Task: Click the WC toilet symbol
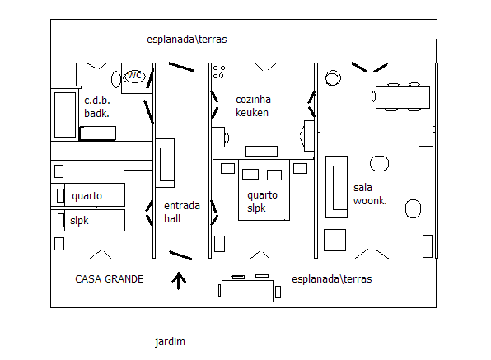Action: [134, 76]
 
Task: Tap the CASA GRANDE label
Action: [110, 279]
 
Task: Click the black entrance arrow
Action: [179, 280]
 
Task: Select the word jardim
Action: [170, 342]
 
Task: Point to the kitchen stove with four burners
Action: [219, 72]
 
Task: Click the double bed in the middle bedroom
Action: [264, 190]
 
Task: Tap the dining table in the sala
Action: [403, 98]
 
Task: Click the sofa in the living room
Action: [337, 187]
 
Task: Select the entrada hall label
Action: [182, 213]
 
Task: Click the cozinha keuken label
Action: [253, 105]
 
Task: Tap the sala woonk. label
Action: [370, 194]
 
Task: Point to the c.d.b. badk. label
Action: [97, 107]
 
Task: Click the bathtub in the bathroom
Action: [65, 115]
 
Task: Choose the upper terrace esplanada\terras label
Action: [187, 40]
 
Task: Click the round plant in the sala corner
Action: [333, 77]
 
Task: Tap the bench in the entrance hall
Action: [165, 163]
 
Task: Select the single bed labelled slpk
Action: [88, 221]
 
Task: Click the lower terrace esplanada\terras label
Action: [332, 279]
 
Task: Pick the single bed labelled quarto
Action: [88, 194]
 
